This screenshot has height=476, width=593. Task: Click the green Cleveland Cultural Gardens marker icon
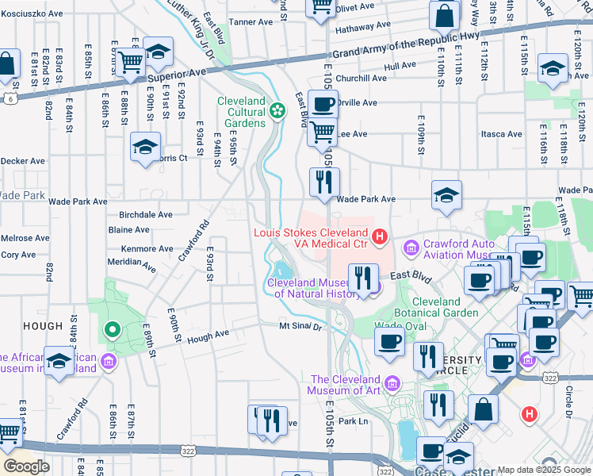pyautogui.click(x=277, y=110)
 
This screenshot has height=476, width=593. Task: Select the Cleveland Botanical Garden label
pyautogui.click(x=435, y=307)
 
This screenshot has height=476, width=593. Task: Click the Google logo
pyautogui.click(x=27, y=466)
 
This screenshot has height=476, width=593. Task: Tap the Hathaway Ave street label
pyautogui.click(x=363, y=25)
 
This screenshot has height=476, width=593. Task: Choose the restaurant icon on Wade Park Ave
pyautogui.click(x=324, y=182)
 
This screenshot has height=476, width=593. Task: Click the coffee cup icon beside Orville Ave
pyautogui.click(x=323, y=104)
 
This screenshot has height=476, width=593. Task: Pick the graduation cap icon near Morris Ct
pyautogui.click(x=146, y=147)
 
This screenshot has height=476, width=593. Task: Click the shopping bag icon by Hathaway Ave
pyautogui.click(x=445, y=14)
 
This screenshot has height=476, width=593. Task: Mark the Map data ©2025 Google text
pyautogui.click(x=543, y=470)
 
